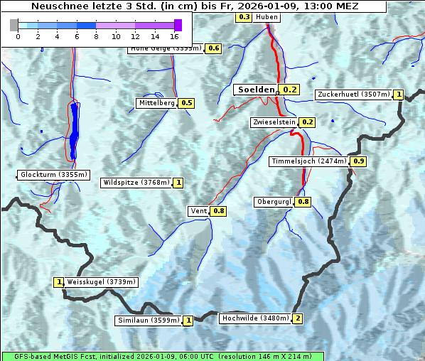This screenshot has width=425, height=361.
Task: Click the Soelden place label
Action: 255,90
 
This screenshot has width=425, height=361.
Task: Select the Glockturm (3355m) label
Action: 54,175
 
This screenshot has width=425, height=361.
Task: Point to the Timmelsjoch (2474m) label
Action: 309,161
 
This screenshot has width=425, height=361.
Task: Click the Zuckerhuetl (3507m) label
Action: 354,95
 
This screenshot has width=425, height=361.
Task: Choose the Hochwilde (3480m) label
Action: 254,318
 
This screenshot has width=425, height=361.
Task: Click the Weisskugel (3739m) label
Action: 101,282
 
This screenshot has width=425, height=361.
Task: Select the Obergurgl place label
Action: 273,202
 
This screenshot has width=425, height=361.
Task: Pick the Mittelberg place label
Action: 156,103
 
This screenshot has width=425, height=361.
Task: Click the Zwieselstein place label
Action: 273,122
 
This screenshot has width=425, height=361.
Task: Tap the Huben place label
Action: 267,17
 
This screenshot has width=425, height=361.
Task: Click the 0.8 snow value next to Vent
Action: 218,211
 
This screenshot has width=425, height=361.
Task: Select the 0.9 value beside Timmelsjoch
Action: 358,161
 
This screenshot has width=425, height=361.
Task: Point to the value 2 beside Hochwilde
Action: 297,318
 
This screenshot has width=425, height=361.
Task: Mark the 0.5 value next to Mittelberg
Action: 186,103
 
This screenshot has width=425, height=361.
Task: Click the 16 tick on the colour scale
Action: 175,36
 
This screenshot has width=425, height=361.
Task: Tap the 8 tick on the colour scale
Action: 96,36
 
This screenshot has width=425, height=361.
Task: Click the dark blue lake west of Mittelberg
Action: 74,131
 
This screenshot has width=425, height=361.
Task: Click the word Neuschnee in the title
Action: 57,6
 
